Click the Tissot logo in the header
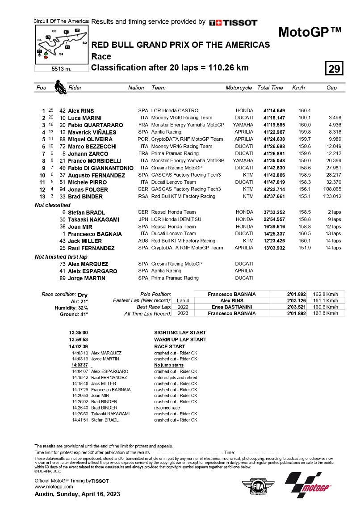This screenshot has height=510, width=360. point(233,22)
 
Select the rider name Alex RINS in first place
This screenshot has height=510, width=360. point(81,110)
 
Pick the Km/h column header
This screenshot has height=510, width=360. point(298,88)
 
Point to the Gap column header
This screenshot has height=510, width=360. point(331,88)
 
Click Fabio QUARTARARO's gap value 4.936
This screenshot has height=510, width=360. point(335,125)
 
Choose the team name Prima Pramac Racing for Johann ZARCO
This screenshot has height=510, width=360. point(175,153)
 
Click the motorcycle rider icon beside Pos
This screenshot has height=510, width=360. point(59,87)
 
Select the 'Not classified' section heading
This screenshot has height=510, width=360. point(52,205)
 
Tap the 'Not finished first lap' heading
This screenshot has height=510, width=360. point(62,257)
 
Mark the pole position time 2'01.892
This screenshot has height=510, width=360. point(296,294)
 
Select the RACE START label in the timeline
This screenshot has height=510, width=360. point(169,346)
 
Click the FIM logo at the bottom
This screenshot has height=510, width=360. point(256,486)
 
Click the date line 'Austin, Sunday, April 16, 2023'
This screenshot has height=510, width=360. point(77,494)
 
